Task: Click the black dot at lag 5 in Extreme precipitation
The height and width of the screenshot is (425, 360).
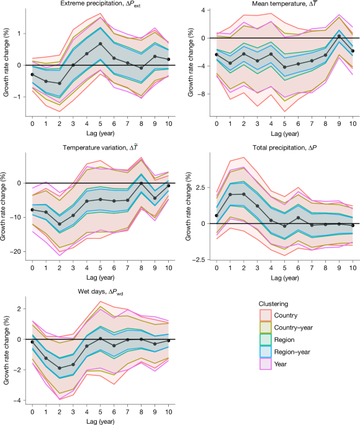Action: [100, 44]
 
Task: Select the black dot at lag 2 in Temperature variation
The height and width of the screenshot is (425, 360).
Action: [59, 224]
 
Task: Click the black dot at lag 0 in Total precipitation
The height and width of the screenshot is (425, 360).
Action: [216, 216]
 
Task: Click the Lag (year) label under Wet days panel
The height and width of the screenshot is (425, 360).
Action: [100, 420]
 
